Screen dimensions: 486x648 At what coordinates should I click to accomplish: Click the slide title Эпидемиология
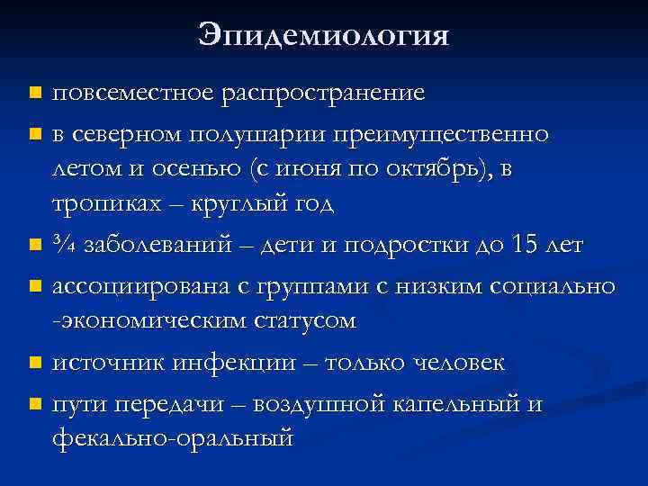click(x=323, y=37)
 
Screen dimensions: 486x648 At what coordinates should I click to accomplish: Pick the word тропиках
click(x=103, y=203)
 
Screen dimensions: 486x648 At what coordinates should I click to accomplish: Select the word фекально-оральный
click(x=173, y=438)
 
